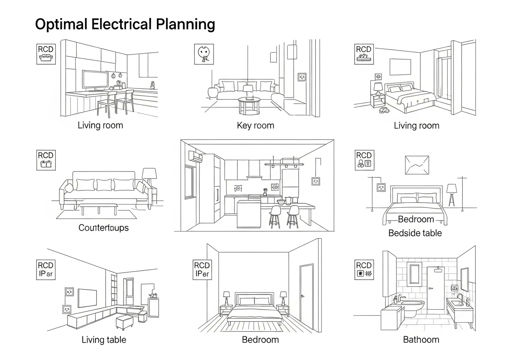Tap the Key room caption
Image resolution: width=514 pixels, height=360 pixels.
255,125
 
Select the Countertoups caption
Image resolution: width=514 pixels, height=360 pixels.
104,228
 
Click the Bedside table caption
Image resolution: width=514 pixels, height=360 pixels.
415,233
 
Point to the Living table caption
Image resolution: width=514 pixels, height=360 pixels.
104,340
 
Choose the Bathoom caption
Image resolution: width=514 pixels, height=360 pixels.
421,340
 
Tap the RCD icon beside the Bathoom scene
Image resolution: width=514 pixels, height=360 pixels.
364,270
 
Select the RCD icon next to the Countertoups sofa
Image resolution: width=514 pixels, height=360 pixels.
46,160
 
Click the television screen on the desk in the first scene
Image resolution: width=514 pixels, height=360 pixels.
95,79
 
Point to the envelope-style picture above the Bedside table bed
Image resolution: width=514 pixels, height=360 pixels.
417,165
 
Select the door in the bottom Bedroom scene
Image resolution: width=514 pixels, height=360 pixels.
306,292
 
